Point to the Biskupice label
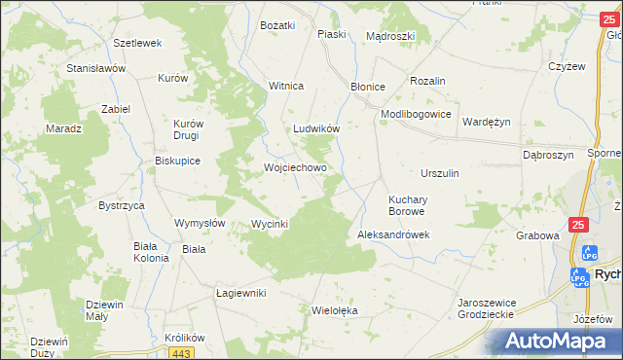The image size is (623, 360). click(177, 162)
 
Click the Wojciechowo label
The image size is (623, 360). click(295, 167)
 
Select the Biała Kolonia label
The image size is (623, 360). click(151, 252)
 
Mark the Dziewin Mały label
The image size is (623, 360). click(104, 310)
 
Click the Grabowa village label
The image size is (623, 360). click(538, 235)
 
